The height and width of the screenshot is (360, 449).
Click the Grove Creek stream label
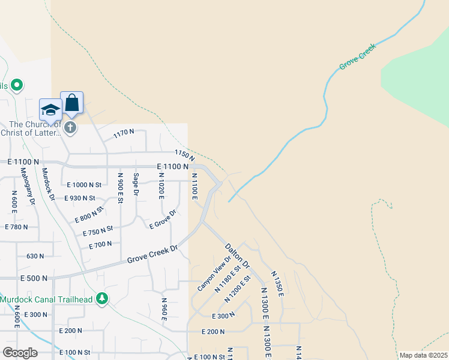357,56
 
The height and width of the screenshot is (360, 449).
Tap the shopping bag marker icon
71,103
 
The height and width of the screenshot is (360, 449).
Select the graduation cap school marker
50,110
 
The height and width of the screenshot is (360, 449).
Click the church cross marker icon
70,127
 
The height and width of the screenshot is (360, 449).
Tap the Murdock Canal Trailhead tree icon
103,298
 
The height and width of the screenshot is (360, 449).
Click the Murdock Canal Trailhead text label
47,299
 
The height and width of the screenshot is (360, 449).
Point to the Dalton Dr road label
237,255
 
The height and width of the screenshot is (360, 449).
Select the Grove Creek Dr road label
152,254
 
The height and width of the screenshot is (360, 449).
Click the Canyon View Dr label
214,274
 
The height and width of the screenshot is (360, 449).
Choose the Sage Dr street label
136,185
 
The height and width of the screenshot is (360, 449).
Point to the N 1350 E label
277,284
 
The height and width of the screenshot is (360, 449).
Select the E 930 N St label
80,197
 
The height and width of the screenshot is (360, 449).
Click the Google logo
20,353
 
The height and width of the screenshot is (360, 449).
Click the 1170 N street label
123,134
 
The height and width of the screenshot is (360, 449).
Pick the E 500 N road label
34,278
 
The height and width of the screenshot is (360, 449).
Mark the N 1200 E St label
237,289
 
